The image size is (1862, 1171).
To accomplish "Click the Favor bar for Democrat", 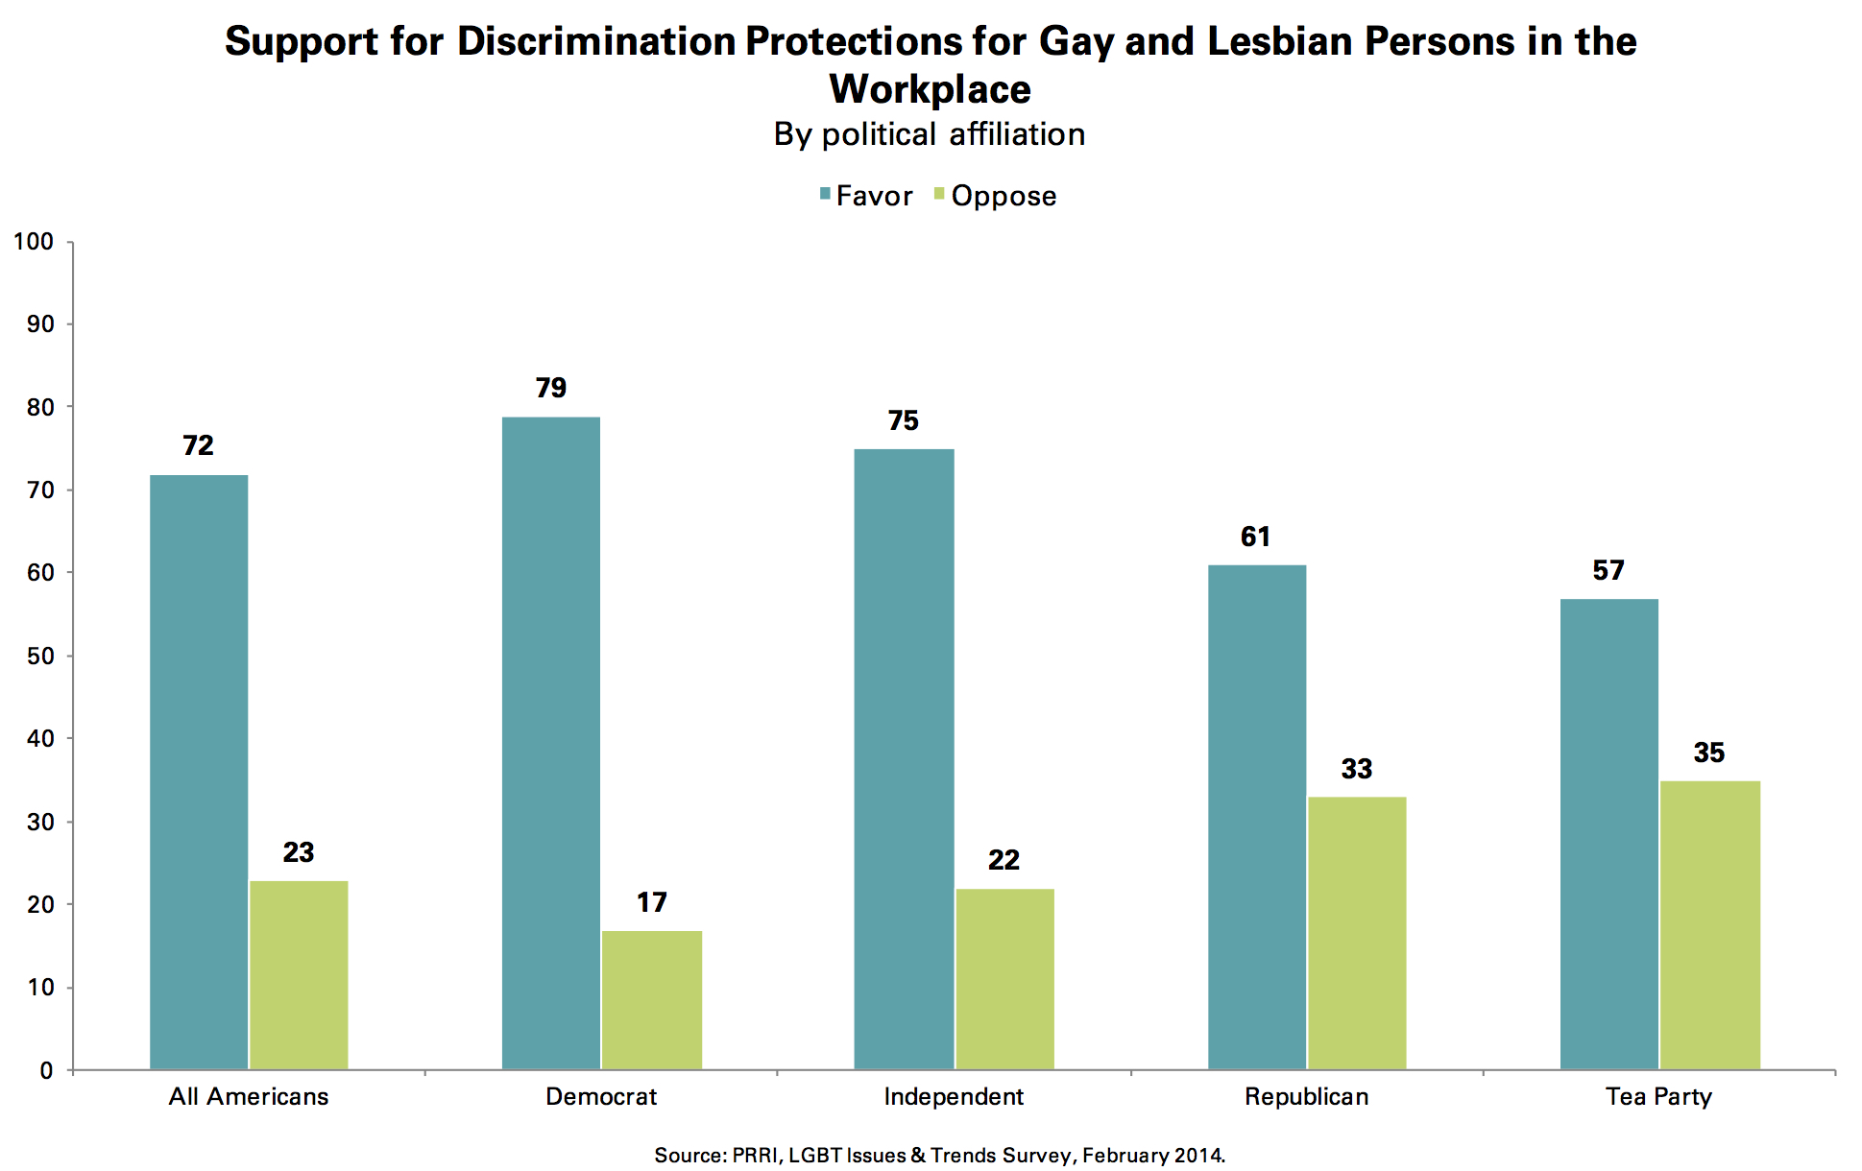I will [x=551, y=743].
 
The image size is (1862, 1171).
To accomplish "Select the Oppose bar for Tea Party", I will [x=1709, y=925].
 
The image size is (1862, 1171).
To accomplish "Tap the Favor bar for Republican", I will [x=1256, y=817].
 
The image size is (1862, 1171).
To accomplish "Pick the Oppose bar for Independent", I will [x=1004, y=979].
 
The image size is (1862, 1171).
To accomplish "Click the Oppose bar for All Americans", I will [x=299, y=975].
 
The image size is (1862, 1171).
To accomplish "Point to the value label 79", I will [x=551, y=388].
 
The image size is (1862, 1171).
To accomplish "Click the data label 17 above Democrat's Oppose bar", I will [x=652, y=902].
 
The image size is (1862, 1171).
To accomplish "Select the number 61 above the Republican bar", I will [x=1255, y=537].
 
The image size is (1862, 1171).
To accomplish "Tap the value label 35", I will [x=1709, y=753].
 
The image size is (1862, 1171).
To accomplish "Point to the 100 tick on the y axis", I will [x=34, y=241].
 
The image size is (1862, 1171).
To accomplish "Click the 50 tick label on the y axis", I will [x=40, y=657].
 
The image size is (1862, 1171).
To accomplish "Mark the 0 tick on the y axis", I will [x=46, y=1071].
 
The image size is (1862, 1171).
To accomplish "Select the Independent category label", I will [x=954, y=1097].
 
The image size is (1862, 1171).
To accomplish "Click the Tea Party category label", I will [x=1658, y=1097].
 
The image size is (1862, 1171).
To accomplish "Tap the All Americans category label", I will [x=249, y=1097].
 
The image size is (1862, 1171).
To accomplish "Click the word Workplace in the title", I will [x=930, y=89].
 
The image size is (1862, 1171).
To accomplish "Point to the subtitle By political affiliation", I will [x=930, y=134].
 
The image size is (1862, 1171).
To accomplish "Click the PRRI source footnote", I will [x=939, y=1156].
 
